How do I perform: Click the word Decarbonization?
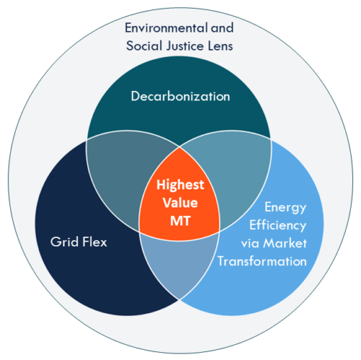pos(180,96)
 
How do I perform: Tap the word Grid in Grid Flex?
pos(64,241)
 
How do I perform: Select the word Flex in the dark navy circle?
pos(95,241)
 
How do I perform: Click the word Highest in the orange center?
pos(180,185)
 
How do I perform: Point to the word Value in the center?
pos(180,202)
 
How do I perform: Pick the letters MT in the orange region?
pos(180,220)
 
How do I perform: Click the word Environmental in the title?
pos(166,27)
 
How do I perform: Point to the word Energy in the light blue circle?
pos(285,207)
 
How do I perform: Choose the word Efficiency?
pos(278,226)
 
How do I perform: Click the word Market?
pos(285,243)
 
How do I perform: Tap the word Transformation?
pos(262,261)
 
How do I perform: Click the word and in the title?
pos(222,27)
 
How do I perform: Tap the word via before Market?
pos(250,244)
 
